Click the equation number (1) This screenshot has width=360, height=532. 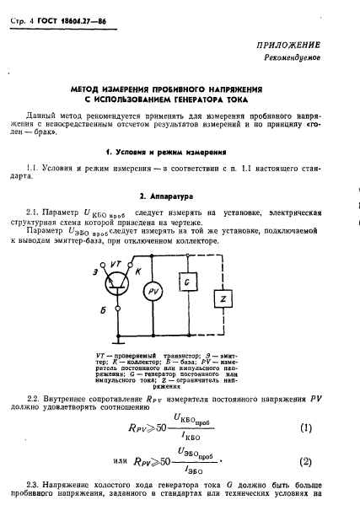pos(305,427)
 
